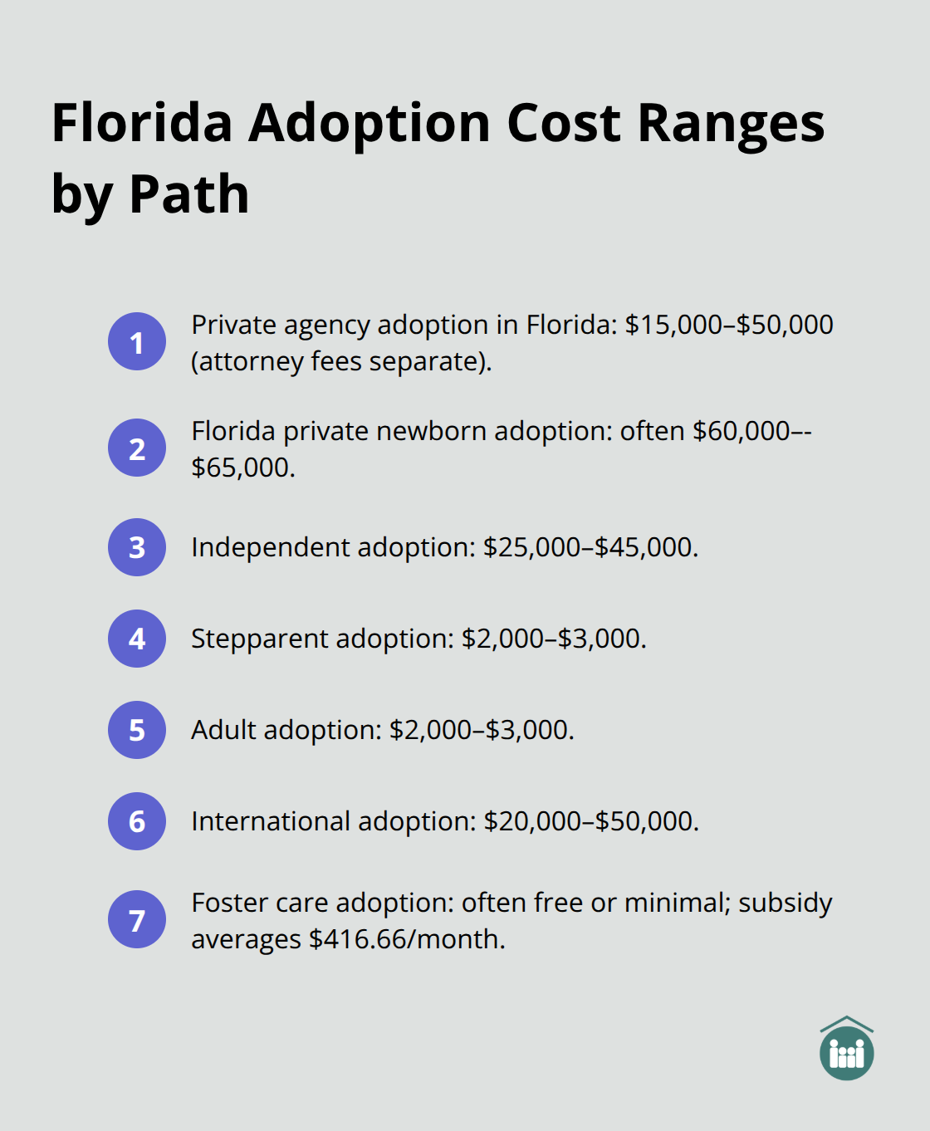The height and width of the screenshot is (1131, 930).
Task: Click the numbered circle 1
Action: (x=137, y=341)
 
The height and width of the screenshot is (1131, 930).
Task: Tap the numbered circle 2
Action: (x=137, y=448)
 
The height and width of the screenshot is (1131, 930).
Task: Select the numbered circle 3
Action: (x=137, y=547)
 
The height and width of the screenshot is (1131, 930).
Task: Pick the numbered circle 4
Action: (x=137, y=639)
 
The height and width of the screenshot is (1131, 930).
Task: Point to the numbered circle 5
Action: (x=137, y=730)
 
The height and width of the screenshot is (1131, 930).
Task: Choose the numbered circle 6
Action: (x=137, y=821)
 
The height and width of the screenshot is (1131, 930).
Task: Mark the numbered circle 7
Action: (x=137, y=919)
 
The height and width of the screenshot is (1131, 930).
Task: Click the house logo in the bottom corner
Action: (x=846, y=1049)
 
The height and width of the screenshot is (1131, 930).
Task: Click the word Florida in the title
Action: (x=142, y=123)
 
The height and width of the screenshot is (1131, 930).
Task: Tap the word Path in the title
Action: (x=189, y=195)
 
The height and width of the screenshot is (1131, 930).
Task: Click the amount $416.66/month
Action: (x=406, y=939)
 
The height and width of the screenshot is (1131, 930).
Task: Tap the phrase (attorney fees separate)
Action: (x=341, y=361)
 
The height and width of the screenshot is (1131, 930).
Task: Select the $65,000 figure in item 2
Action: (x=242, y=468)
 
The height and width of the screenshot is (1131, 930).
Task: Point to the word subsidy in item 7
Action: (x=785, y=903)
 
